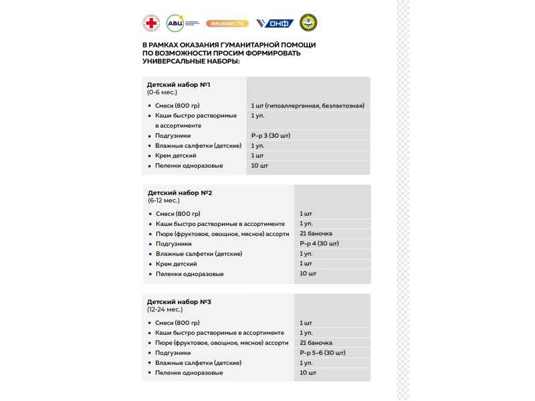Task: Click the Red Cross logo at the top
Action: [151, 23]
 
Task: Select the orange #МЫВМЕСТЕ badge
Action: [227, 23]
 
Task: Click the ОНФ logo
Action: [275, 23]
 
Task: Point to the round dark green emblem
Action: [308, 23]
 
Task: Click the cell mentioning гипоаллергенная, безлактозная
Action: [308, 106]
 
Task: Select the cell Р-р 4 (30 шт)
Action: [319, 244]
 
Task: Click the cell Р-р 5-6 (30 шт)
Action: [322, 353]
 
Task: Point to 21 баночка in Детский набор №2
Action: [316, 234]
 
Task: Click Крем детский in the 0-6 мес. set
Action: [175, 156]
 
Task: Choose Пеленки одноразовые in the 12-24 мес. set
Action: [189, 373]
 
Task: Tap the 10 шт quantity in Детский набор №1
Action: [259, 166]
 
